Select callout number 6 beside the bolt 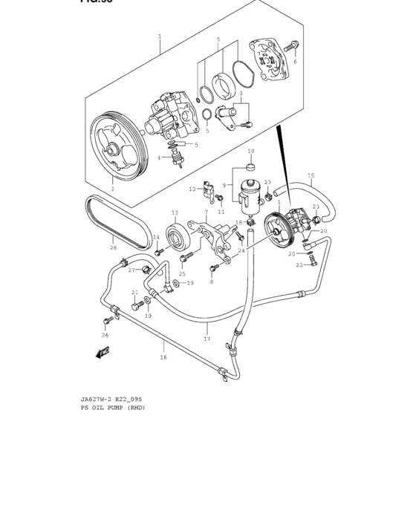[295, 62]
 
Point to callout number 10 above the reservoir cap [250, 151]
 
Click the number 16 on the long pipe [163, 357]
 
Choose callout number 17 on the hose [207, 339]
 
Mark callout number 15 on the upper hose [311, 176]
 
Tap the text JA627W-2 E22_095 [111, 399]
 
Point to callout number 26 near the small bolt [105, 335]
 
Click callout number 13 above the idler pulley [175, 212]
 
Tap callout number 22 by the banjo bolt [299, 264]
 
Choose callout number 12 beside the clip [192, 189]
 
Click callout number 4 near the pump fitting [158, 157]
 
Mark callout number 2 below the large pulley [112, 189]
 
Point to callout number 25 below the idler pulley [182, 274]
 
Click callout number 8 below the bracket [211, 282]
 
